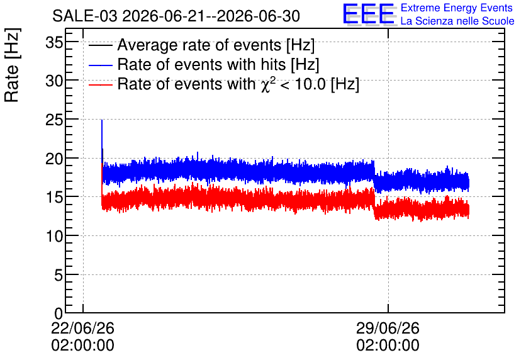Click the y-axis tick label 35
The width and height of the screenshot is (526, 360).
click(54, 43)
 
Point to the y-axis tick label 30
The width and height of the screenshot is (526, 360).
click(54, 81)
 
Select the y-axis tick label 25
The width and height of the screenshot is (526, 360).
click(54, 120)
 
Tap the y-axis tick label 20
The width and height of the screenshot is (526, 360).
click(54, 159)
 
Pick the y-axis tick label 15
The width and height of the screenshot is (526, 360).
click(54, 197)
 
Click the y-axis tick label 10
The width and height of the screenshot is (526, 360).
click(54, 237)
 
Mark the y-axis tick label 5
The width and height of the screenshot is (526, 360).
click(59, 276)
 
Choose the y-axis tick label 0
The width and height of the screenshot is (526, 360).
click(59, 313)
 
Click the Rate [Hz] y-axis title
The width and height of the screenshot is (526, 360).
click(12, 65)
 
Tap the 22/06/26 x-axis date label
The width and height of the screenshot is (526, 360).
click(82, 328)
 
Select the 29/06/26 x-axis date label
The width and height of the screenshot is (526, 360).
click(388, 328)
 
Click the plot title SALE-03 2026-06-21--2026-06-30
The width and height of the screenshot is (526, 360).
click(176, 16)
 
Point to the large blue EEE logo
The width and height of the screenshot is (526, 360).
click(369, 14)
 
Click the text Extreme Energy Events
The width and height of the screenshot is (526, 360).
click(457, 8)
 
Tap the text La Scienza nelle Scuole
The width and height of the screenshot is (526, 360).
click(457, 21)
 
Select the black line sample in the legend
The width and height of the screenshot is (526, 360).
click(100, 45)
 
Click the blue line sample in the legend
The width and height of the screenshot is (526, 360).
click(100, 65)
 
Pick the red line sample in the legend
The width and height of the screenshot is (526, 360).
click(100, 84)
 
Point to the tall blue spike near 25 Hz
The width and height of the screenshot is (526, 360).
click(102, 134)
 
